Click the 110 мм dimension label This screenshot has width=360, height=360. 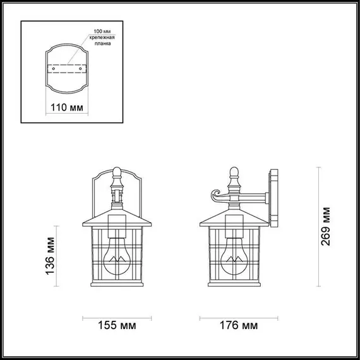click(66, 107)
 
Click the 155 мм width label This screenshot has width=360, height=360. click(117, 326)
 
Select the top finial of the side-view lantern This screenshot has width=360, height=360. click(234, 171)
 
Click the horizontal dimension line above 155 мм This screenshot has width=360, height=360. click(117, 315)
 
